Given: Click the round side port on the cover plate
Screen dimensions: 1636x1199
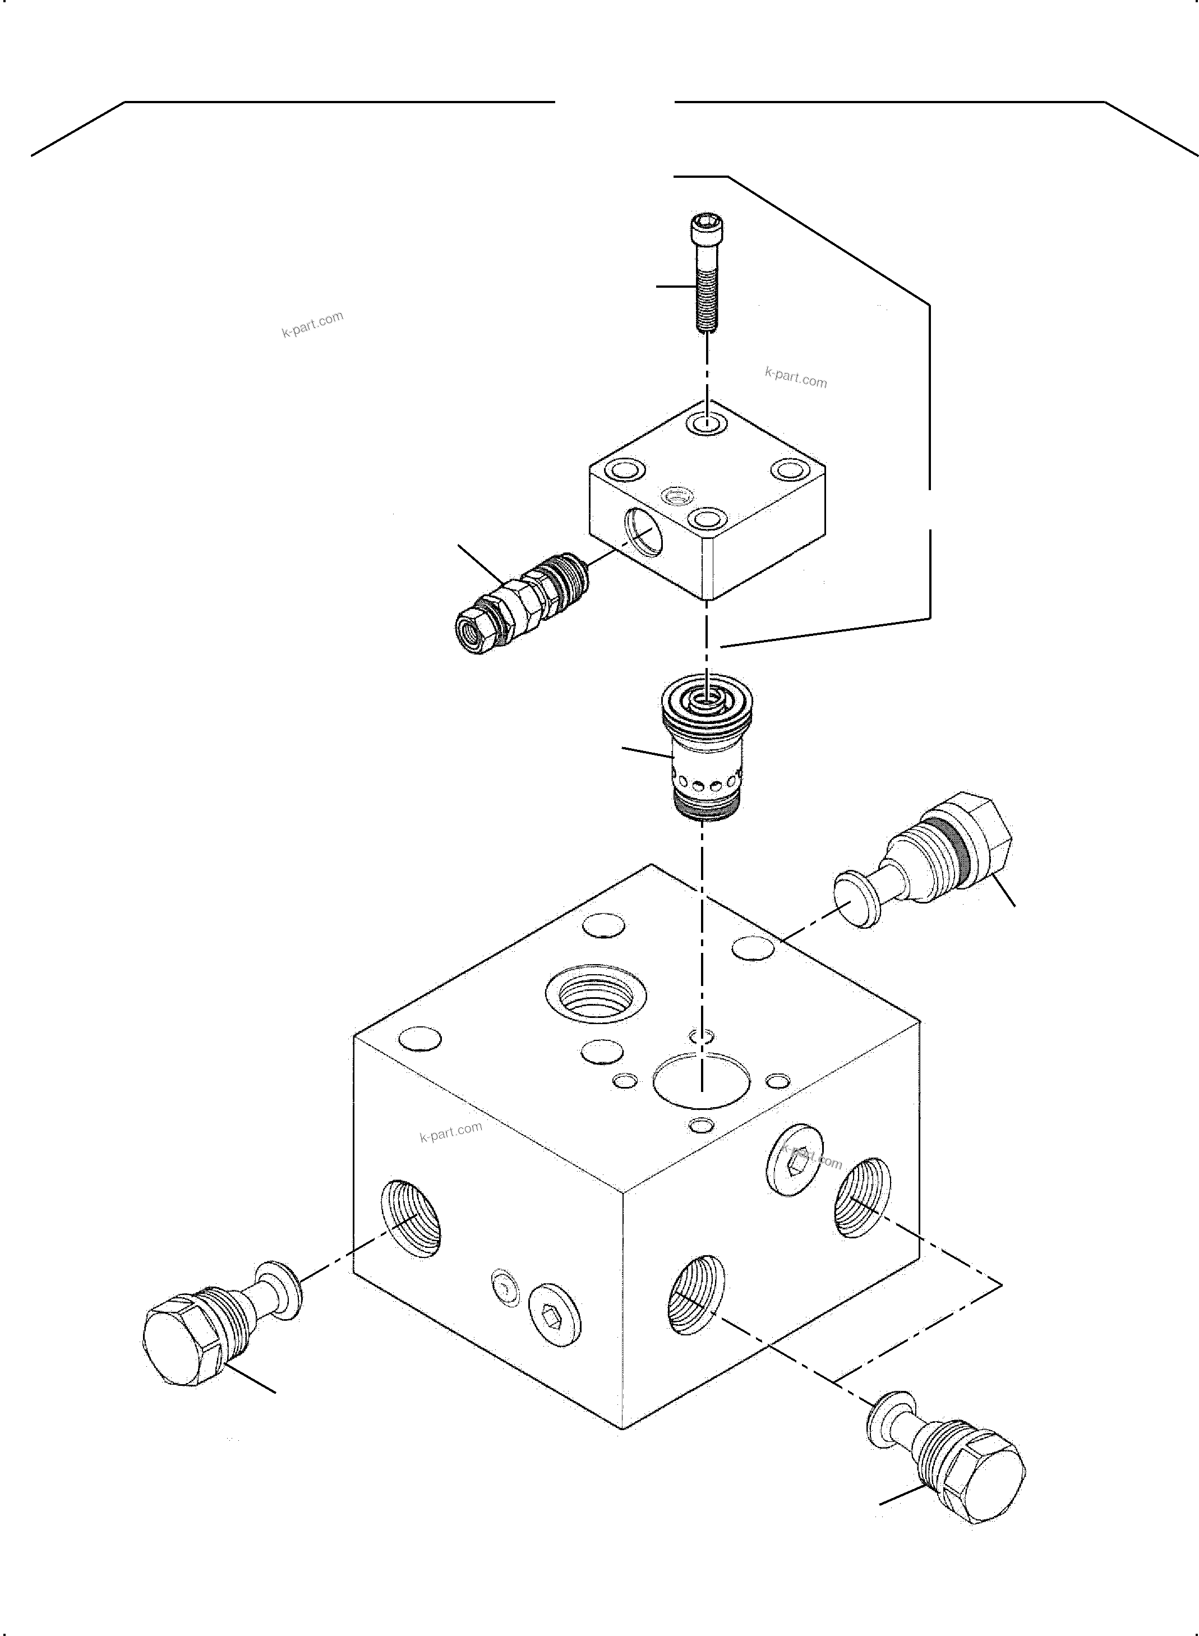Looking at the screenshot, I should [x=645, y=534].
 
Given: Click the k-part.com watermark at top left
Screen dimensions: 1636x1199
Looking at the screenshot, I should [x=312, y=324].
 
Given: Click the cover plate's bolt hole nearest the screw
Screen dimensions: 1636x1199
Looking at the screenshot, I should [x=706, y=424].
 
